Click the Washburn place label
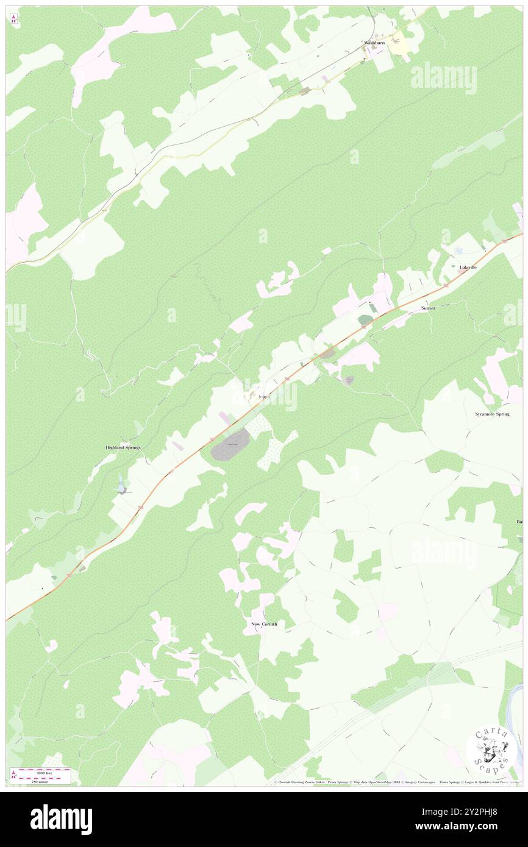pyautogui.click(x=374, y=43)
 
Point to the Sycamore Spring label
pyautogui.click(x=492, y=414)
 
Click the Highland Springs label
pyautogui.click(x=123, y=447)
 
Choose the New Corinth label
pyautogui.click(x=264, y=624)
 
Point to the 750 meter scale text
pyautogui.click(x=41, y=781)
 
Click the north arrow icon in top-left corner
pyautogui.click(x=13, y=19)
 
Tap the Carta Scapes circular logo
pyautogui.click(x=491, y=751)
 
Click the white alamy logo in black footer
pyautogui.click(x=61, y=819)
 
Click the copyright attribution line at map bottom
pyautogui.click(x=396, y=782)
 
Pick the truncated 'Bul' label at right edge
pyautogui.click(x=520, y=522)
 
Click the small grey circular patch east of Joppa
pyautogui.click(x=348, y=380)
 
